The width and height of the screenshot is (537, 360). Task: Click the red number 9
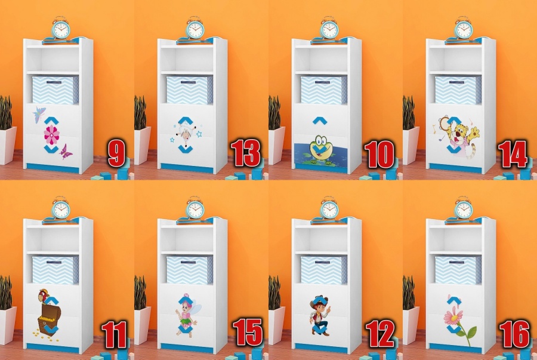(x=116, y=152)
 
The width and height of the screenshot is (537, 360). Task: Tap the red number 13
(x=245, y=152)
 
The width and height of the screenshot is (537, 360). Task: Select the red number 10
(x=379, y=154)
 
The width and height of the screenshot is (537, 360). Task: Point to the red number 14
(x=513, y=154)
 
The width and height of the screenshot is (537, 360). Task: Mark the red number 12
(x=380, y=334)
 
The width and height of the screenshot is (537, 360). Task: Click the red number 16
(x=514, y=334)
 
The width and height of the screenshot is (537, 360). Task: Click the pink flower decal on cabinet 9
(x=51, y=134)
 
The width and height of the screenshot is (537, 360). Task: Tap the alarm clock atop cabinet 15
(x=195, y=208)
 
